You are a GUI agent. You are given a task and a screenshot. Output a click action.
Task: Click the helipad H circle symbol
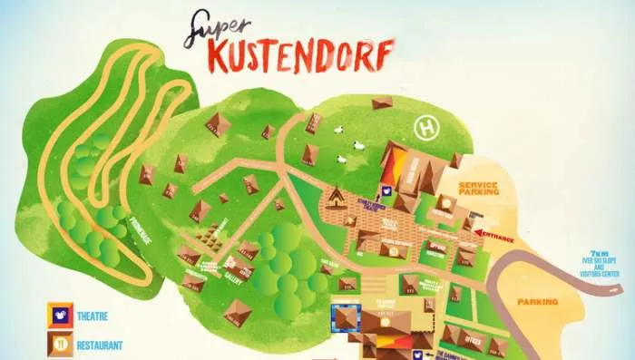(x=424, y=128)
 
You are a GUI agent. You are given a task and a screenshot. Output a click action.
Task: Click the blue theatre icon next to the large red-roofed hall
(x=385, y=192)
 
